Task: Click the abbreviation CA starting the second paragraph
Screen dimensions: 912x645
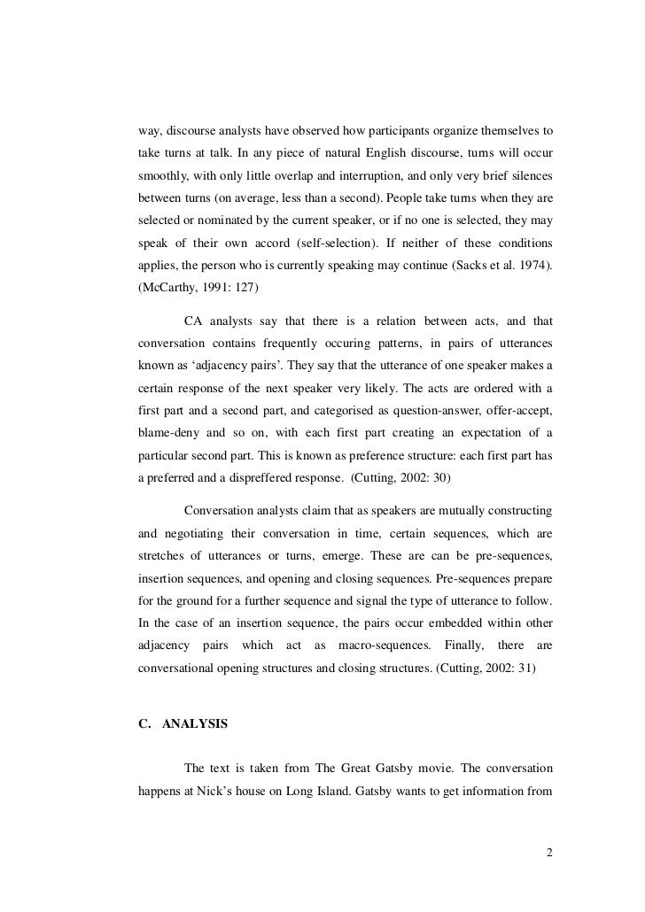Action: tap(193, 320)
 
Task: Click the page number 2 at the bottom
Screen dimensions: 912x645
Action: tap(549, 854)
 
